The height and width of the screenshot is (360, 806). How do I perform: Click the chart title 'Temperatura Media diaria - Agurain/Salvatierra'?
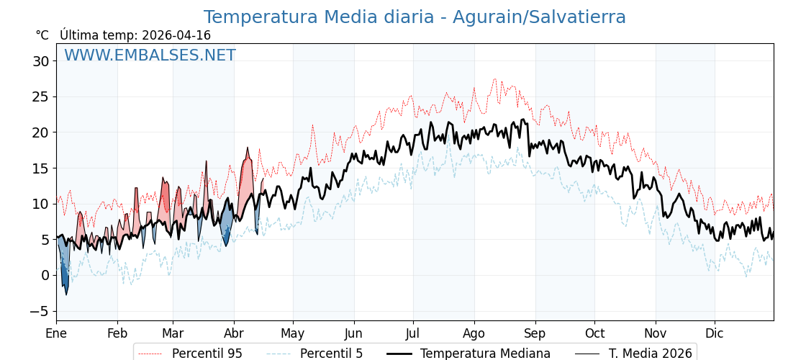tap(415, 17)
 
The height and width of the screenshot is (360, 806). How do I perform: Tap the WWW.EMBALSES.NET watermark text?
tap(150, 55)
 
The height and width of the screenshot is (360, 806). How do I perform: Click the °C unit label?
tap(42, 35)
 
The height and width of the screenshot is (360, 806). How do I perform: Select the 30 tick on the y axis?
tap(40, 61)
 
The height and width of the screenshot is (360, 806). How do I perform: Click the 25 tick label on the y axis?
tap(40, 96)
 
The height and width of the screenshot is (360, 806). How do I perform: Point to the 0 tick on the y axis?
tap(45, 275)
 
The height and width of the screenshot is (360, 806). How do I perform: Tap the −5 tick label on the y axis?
tap(40, 311)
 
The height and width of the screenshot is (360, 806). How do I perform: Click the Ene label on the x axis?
tap(56, 333)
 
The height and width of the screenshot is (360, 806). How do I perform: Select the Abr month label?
tap(234, 333)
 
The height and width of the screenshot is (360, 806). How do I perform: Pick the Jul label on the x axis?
tap(413, 333)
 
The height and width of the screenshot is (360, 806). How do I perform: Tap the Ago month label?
tap(474, 333)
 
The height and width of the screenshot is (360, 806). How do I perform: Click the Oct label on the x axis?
tap(594, 333)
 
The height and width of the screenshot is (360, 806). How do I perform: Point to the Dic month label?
tap(715, 333)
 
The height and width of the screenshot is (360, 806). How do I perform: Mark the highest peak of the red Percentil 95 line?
tap(494, 80)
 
